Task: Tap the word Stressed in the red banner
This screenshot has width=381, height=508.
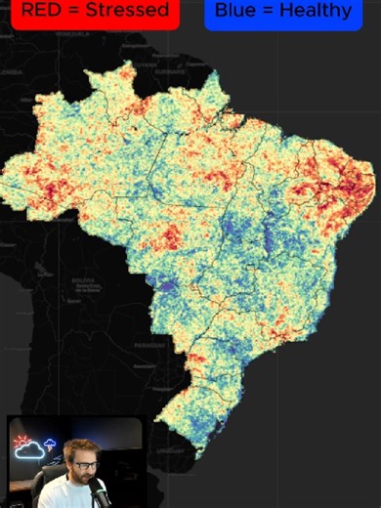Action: tap(127, 12)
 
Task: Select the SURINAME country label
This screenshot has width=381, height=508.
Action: tap(173, 71)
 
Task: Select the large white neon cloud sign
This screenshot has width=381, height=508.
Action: tap(31, 451)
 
